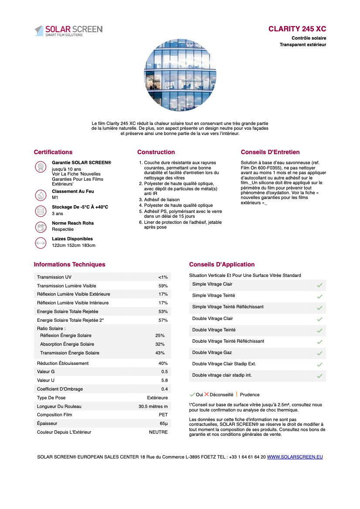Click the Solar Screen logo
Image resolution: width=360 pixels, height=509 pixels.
pos(68,30)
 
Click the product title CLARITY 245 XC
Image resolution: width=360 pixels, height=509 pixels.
pos(297,29)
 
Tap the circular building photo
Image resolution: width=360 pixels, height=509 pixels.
pos(180,74)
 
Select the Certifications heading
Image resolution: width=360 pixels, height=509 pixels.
pos(53,152)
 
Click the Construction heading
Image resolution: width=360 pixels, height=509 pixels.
pos(156,152)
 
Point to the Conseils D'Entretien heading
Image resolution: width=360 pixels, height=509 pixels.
pos(270,152)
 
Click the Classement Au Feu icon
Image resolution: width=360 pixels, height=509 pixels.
pos(41,195)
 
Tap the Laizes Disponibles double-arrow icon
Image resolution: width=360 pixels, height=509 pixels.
pos(41,243)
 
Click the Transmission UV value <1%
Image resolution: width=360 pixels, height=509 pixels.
pos(163,277)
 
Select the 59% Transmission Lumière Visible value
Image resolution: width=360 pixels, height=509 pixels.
pos(163,286)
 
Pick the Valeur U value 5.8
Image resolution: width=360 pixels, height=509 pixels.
pos(164,381)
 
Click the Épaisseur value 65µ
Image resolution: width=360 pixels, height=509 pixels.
pos(164,424)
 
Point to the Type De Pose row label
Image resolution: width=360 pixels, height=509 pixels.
pos(51,398)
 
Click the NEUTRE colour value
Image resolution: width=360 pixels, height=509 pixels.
pos(158,432)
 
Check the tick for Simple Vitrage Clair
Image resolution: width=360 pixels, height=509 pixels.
pos(319,285)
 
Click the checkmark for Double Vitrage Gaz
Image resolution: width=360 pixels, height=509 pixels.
pos(319,353)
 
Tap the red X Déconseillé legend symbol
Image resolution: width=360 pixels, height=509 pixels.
pos(207,394)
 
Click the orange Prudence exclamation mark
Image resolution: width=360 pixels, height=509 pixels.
pos(236,394)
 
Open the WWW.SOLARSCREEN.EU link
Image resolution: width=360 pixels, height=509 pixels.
pos(295,457)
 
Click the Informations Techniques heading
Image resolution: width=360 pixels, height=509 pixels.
pos(69,264)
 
